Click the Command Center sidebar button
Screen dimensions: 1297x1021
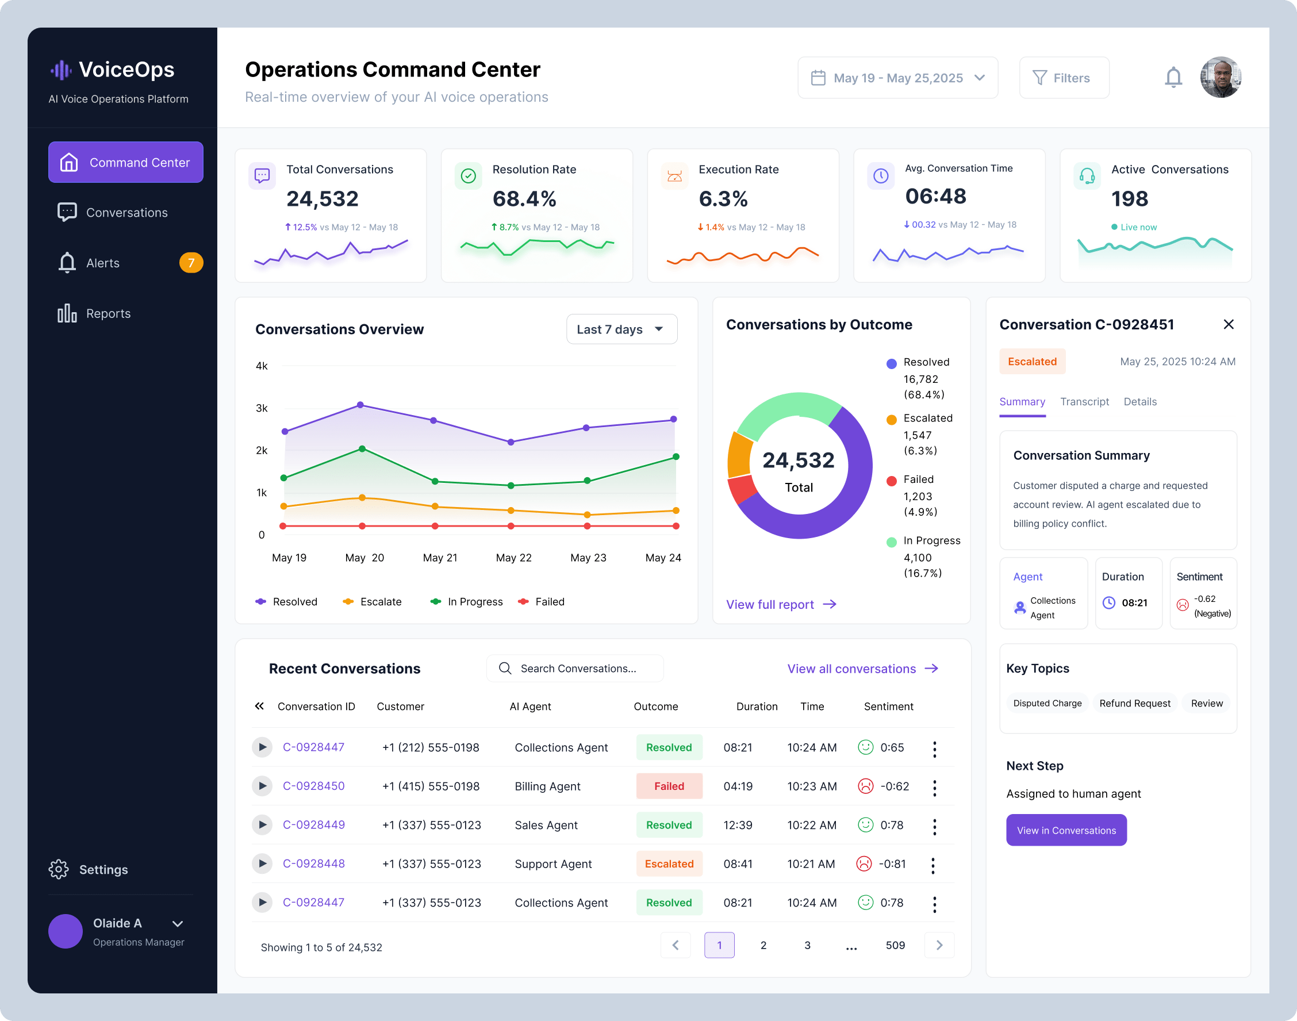[125, 162]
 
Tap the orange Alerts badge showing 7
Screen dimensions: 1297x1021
[191, 262]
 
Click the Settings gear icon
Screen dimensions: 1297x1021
[59, 869]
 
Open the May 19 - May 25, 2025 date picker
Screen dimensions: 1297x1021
[898, 78]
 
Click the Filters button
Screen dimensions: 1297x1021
[1064, 78]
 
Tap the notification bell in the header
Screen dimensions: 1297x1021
[1173, 78]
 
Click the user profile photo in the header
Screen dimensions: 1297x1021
[1221, 77]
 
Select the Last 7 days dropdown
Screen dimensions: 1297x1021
[621, 329]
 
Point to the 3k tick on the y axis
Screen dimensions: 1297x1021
[262, 408]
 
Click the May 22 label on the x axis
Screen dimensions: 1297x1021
[513, 558]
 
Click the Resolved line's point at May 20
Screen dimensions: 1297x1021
[360, 405]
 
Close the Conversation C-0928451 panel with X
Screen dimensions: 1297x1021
[1228, 324]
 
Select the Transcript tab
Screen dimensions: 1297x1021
[1084, 402]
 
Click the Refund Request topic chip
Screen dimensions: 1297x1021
[1134, 703]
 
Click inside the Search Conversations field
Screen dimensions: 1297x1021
[575, 669]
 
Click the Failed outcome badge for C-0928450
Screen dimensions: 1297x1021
[669, 786]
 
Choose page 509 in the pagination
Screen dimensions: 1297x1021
[895, 945]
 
